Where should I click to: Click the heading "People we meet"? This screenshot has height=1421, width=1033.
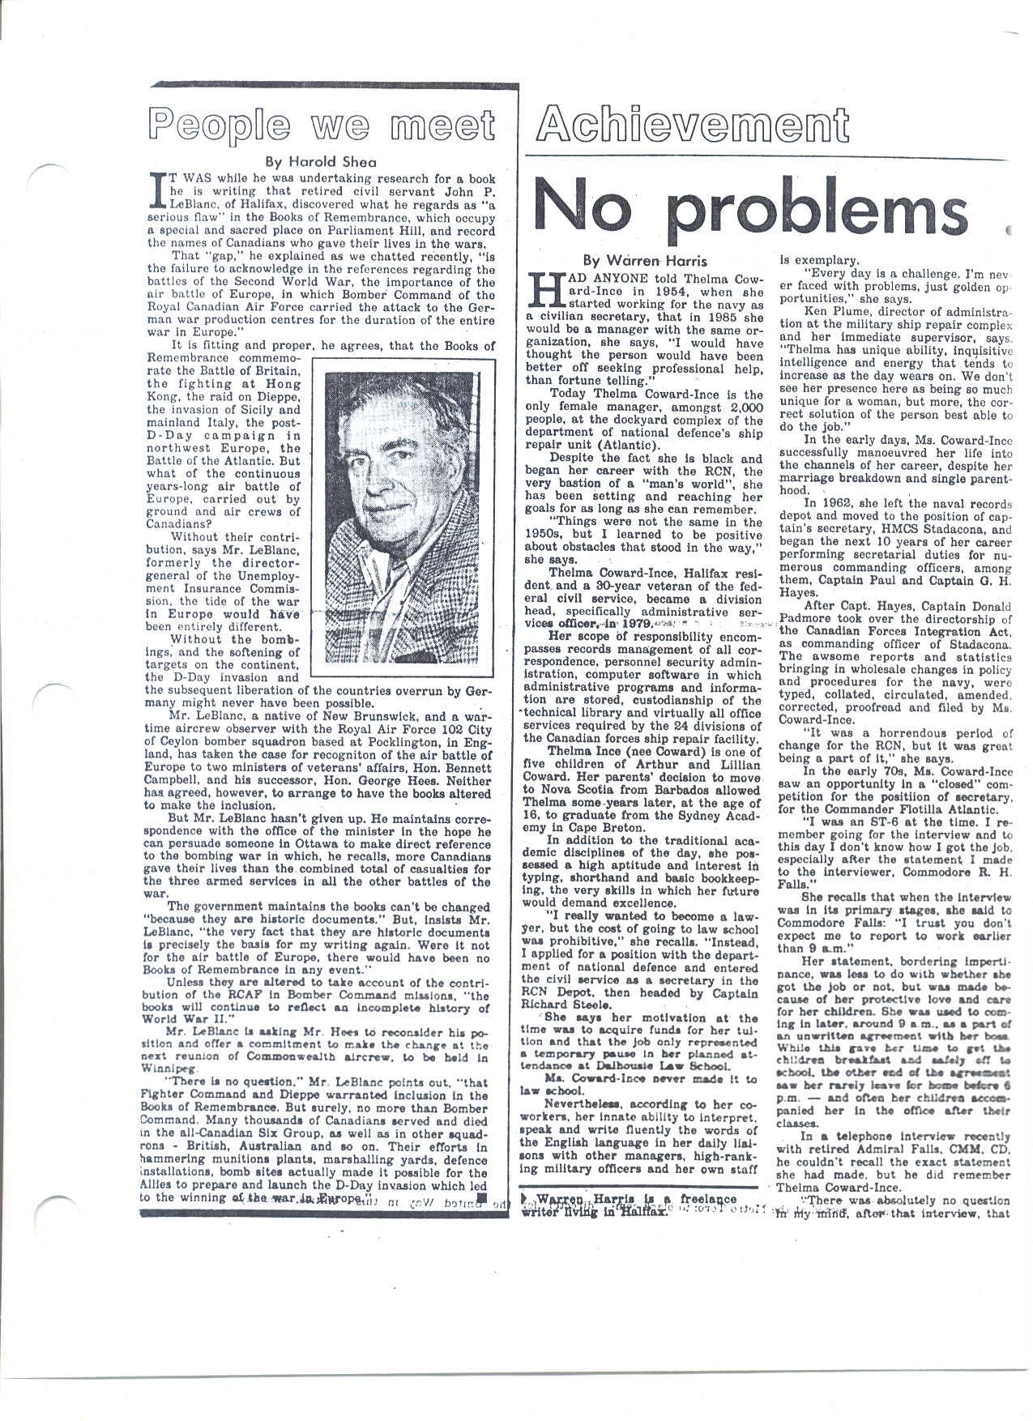322,128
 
